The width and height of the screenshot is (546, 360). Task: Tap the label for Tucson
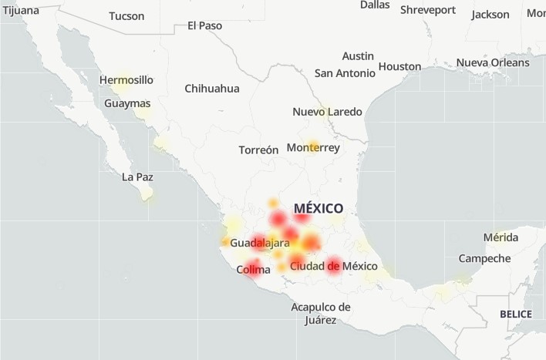[x=126, y=15]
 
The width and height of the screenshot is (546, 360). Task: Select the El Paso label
[x=204, y=25]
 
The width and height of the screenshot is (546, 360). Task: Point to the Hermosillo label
[x=126, y=79]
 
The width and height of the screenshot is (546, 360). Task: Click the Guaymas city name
[x=127, y=103]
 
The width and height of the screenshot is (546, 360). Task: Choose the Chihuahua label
[x=212, y=88]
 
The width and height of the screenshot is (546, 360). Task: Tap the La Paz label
[x=137, y=177]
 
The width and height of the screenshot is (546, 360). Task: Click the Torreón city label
[x=258, y=150]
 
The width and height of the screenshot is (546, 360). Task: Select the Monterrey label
[x=313, y=147]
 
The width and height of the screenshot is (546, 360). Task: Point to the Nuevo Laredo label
[x=327, y=112]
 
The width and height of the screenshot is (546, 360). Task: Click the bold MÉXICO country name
[x=318, y=208]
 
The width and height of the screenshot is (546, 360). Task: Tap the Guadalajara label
[x=260, y=243]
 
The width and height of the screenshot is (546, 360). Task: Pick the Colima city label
[x=253, y=269]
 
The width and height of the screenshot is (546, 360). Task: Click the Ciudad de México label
[x=334, y=266]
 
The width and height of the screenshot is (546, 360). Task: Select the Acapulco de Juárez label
[x=321, y=313]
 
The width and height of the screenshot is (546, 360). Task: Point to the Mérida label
[x=501, y=237]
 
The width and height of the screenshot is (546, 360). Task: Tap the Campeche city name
[x=484, y=258]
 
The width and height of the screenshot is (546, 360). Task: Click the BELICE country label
[x=516, y=314]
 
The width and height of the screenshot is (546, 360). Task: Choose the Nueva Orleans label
[x=493, y=62]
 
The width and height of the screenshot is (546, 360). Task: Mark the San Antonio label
[x=345, y=72]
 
